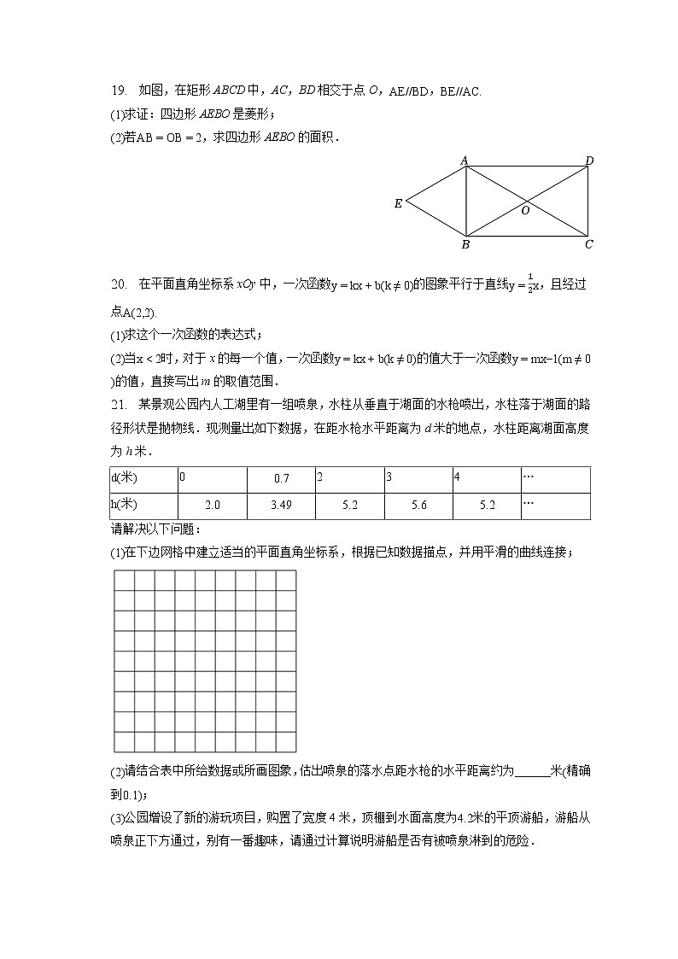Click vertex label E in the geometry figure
pos(398,204)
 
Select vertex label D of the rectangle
pos(589,161)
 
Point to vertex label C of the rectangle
pos(589,244)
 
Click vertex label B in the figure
pos(465,245)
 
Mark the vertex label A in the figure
pos(465,160)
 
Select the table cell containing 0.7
pos(281,479)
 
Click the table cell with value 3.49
pos(281,506)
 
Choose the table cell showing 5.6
pos(418,506)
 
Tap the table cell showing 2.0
pos(213,506)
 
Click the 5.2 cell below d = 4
pos(488,506)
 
